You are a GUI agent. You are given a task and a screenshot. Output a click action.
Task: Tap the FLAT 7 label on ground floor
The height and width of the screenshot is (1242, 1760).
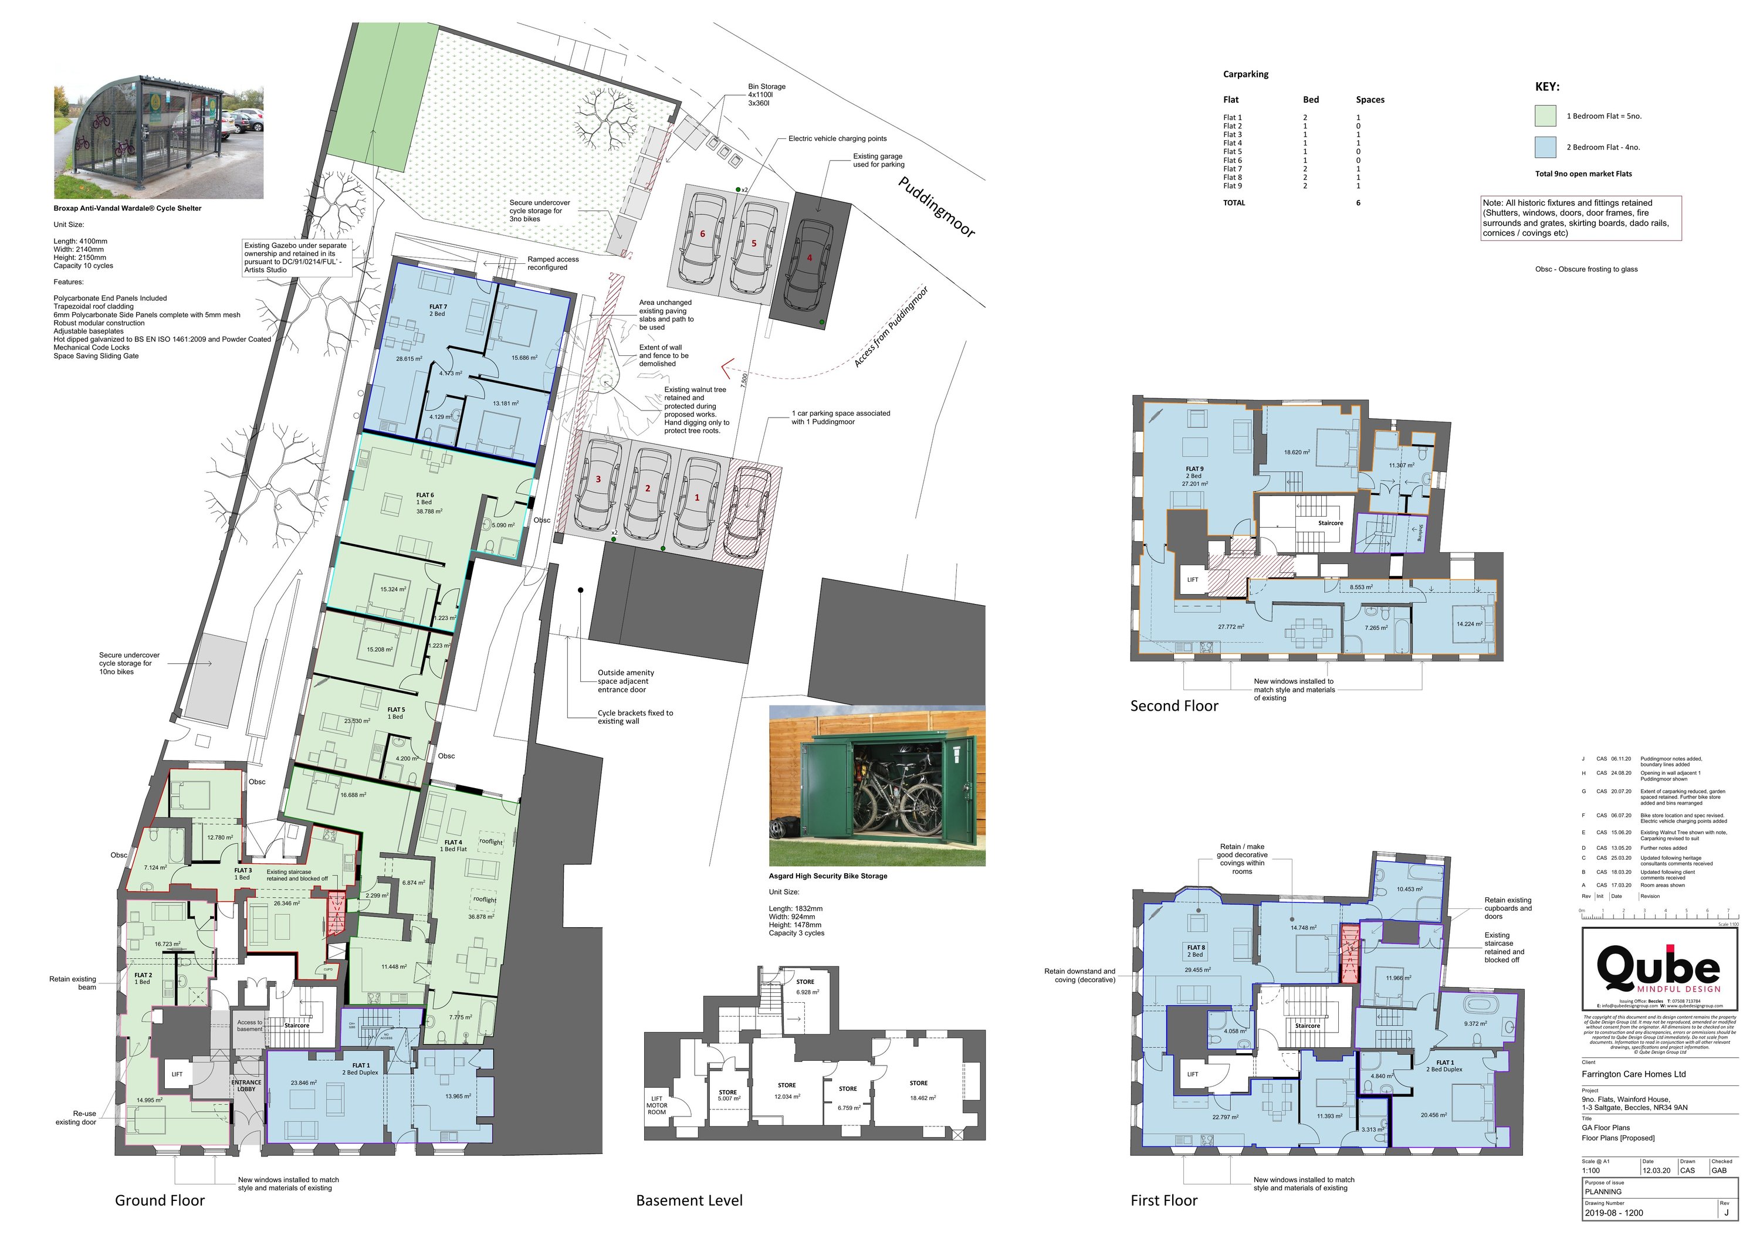point(438,310)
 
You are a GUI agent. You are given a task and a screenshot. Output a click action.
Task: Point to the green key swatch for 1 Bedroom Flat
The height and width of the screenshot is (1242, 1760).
point(1545,116)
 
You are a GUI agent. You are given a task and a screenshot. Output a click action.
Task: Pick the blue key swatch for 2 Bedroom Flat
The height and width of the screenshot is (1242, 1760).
point(1545,147)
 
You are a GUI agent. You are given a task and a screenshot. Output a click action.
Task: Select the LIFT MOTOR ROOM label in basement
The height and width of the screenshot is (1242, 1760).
point(657,1105)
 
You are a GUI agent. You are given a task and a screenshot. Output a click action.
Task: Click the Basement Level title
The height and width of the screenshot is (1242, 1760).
point(689,1200)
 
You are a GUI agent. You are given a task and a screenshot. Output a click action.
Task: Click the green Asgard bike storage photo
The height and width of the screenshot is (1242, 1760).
point(877,785)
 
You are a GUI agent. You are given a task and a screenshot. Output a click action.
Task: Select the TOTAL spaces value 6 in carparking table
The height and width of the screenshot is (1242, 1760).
point(1358,203)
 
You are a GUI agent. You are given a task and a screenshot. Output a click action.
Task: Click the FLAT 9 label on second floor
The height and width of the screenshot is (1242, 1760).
point(1194,469)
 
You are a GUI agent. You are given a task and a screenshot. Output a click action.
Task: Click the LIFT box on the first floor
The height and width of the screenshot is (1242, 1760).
point(1192,1074)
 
